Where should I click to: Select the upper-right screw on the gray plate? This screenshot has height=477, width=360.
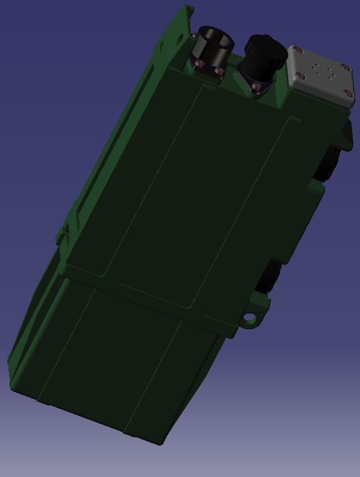click(x=344, y=67)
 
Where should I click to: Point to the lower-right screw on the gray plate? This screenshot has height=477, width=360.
click(x=347, y=93)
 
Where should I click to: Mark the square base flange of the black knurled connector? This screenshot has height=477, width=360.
click(x=253, y=78)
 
